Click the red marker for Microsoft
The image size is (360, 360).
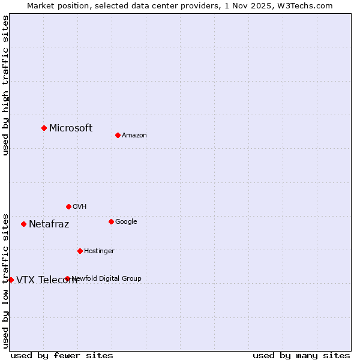pyautogui.click(x=44, y=128)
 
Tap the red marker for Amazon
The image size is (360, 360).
pyautogui.click(x=118, y=135)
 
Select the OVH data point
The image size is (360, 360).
pyautogui.click(x=68, y=206)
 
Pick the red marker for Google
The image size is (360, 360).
pyautogui.click(x=111, y=221)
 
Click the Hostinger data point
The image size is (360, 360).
pyautogui.click(x=80, y=251)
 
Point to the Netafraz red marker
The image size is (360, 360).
pyautogui.click(x=23, y=224)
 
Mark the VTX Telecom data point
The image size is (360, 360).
pyautogui.click(x=11, y=280)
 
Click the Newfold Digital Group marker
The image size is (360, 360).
pyautogui.click(x=67, y=278)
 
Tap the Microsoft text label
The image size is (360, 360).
pyautogui.click(x=71, y=128)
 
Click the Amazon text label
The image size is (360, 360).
pyautogui.click(x=134, y=136)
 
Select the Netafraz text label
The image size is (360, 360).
pyautogui.click(x=49, y=224)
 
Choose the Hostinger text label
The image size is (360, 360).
pyautogui.click(x=99, y=251)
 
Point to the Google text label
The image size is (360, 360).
pyautogui.click(x=126, y=222)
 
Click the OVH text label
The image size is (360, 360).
pyautogui.click(x=80, y=207)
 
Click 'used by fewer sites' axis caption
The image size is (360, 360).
pyautogui.click(x=62, y=355)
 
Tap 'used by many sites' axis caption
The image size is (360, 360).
pyautogui.click(x=301, y=355)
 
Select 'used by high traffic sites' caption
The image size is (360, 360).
pyautogui.click(x=5, y=85)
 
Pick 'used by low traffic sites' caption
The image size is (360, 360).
pyautogui.click(x=5, y=280)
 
